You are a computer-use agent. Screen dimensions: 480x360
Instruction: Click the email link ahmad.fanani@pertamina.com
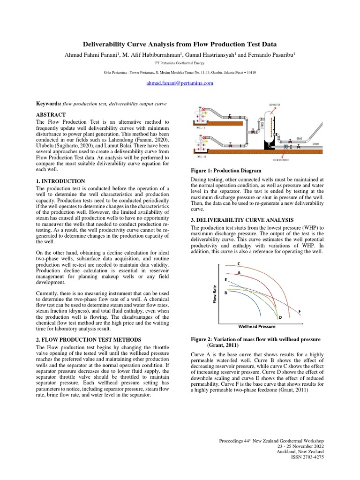(180, 83)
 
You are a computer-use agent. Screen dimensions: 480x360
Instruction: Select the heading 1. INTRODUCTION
(60, 181)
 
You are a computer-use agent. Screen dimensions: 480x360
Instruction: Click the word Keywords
(48, 103)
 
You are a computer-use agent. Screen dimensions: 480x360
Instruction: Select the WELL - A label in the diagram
(200, 127)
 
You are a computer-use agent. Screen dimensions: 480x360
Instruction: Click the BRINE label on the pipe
(299, 139)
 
